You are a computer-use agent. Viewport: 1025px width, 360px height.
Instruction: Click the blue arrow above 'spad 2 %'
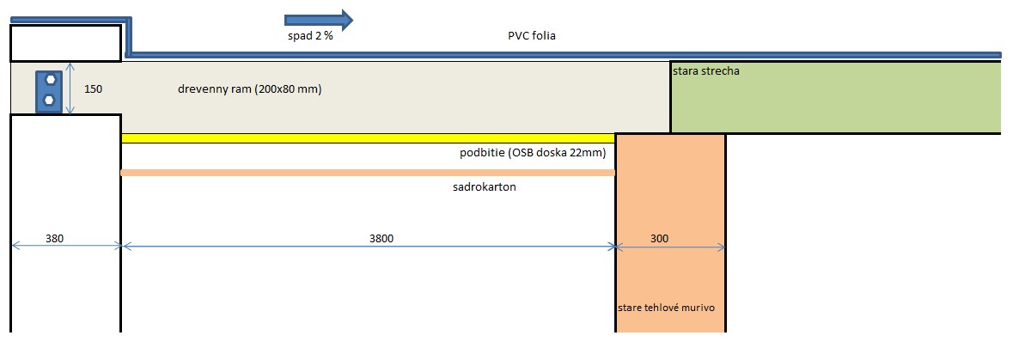tap(318, 20)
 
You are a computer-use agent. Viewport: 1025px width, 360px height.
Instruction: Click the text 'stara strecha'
tap(706, 71)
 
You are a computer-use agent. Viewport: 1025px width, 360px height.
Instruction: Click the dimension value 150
tap(94, 88)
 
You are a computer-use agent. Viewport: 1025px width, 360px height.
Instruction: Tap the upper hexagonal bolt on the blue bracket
tap(51, 79)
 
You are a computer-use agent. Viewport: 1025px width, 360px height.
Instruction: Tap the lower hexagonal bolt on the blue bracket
tap(51, 100)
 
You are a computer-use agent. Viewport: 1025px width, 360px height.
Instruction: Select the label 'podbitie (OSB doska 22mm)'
tap(534, 154)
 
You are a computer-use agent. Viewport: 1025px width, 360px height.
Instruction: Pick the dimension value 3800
tap(381, 239)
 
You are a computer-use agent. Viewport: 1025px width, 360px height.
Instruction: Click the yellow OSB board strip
tap(368, 138)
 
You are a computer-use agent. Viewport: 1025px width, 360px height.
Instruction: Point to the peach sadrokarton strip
tap(368, 173)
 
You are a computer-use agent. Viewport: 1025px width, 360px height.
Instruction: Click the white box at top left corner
tap(64, 43)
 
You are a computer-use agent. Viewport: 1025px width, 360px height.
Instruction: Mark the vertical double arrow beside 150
tap(71, 88)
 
